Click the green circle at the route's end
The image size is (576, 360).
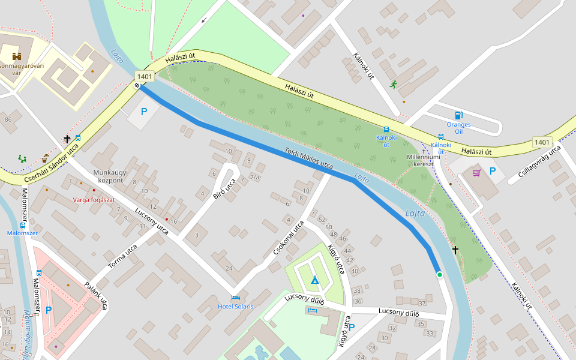(x=439, y=275)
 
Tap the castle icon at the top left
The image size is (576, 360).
(x=17, y=56)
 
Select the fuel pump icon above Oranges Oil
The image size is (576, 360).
(x=459, y=115)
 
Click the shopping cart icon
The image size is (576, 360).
(x=476, y=173)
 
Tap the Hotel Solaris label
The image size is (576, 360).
(x=235, y=307)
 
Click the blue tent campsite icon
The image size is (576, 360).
(x=314, y=280)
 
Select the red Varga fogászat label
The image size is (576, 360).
(x=94, y=199)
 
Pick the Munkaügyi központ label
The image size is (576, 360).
(x=108, y=176)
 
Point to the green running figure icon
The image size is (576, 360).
(x=393, y=85)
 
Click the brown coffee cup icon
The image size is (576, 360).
(x=45, y=159)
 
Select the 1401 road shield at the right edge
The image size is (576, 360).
(x=542, y=142)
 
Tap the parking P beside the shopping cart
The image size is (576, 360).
(x=493, y=171)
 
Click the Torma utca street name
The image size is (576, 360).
(x=122, y=257)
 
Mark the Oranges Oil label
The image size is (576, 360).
(x=458, y=128)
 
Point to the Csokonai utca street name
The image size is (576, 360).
(x=288, y=238)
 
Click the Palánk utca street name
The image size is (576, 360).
(x=96, y=296)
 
